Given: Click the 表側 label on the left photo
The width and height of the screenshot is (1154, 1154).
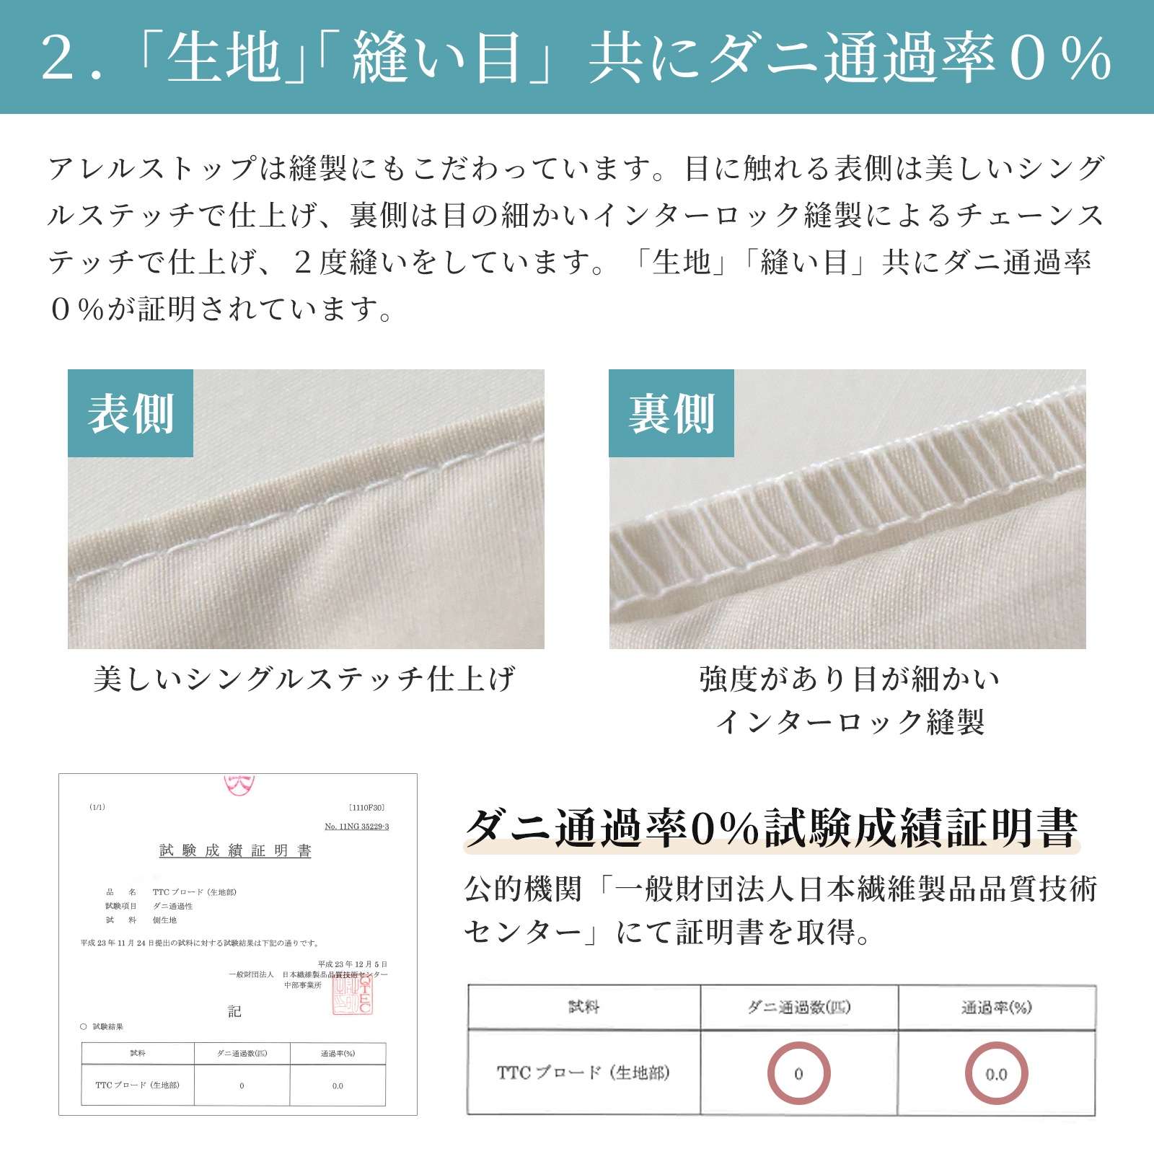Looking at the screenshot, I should click(131, 413).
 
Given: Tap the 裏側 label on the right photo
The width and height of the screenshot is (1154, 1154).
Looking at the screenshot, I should click(671, 413).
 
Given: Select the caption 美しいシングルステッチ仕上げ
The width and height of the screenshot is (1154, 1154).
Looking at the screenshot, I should click(304, 679).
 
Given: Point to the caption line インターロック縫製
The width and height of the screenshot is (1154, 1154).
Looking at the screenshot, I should click(850, 721).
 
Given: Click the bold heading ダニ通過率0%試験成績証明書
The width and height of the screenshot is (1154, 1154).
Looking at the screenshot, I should click(772, 827).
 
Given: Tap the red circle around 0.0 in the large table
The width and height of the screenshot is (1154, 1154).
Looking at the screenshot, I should click(996, 1074).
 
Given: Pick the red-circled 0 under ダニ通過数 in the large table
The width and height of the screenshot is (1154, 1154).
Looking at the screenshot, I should click(798, 1074).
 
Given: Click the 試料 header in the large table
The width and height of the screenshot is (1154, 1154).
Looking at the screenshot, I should click(583, 1007).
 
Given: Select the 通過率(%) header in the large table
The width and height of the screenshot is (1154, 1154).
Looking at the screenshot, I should click(996, 1007).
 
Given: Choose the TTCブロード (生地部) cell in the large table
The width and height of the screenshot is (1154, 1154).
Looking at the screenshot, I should click(583, 1073).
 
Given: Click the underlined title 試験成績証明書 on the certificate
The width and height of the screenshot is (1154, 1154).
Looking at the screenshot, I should click(235, 850).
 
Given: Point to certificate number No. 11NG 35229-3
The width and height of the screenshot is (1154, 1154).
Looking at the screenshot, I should click(356, 827).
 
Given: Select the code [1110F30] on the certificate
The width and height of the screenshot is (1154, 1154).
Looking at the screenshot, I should click(366, 808).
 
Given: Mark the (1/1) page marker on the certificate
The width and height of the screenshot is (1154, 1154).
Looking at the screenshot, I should click(97, 807).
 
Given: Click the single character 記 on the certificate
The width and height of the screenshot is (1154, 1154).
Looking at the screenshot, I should click(234, 1011).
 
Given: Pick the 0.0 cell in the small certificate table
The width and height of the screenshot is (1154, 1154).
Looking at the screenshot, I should click(338, 1085).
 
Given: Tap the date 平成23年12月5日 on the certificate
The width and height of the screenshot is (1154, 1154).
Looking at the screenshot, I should click(352, 964).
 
